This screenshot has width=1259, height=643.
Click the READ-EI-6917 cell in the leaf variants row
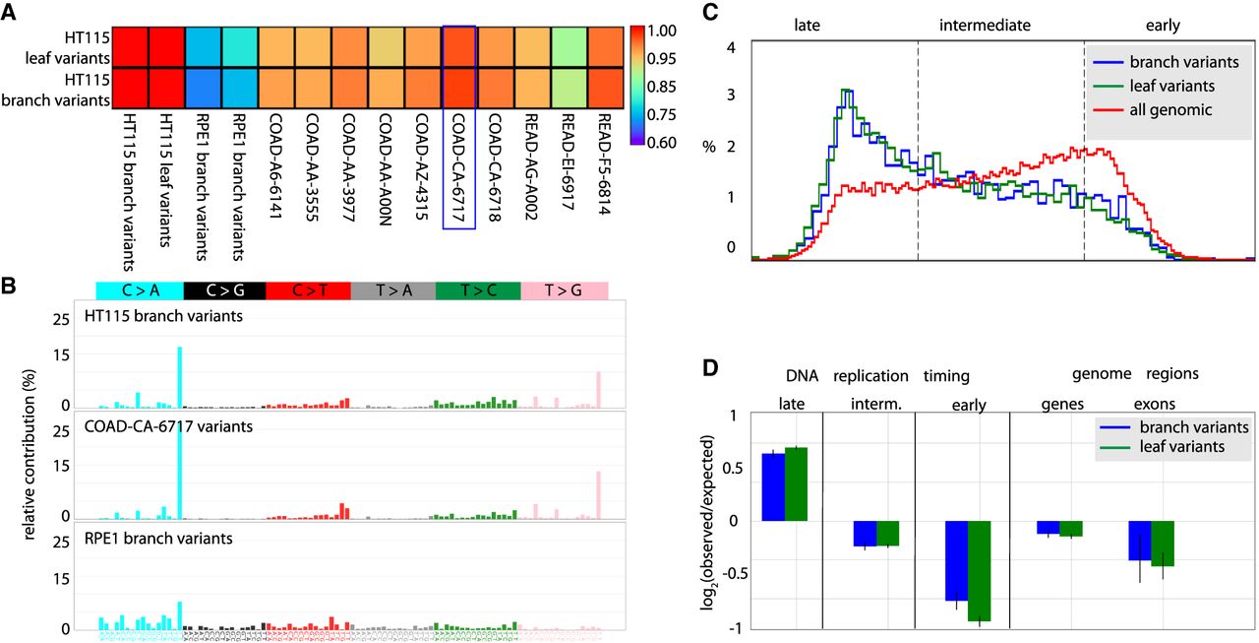point(568,46)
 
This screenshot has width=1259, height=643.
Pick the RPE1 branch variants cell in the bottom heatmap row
point(203,87)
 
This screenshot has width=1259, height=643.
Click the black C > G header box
point(222,289)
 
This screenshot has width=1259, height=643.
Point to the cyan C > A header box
point(138,289)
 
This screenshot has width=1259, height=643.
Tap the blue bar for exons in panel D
point(1139,541)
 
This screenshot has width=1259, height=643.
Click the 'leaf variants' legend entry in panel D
point(1193,448)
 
